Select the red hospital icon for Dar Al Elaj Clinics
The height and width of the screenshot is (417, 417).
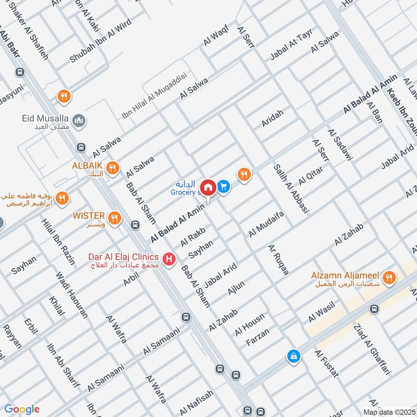(168, 259)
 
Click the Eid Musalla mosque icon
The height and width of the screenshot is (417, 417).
(79, 121)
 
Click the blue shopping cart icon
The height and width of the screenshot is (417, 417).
(224, 186)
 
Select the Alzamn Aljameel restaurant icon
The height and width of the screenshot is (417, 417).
(388, 279)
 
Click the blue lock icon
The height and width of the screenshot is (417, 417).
(294, 357)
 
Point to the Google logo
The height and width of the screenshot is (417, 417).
(21, 409)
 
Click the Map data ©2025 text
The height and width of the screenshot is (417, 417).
(389, 412)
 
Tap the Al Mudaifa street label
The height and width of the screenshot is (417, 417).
(266, 225)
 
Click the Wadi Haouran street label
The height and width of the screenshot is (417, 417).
(72, 295)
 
